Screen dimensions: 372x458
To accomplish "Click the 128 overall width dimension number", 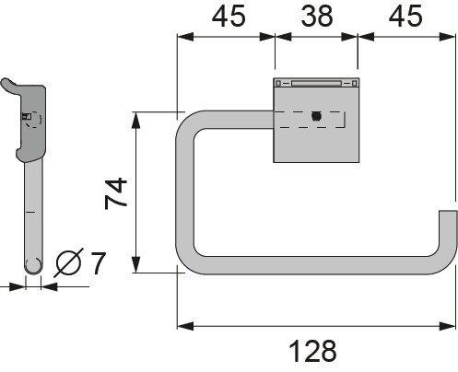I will (x=315, y=352).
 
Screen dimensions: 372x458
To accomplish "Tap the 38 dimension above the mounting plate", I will (x=316, y=16).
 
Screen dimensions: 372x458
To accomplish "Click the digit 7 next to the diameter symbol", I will (x=98, y=264).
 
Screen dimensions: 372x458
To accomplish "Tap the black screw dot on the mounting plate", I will (x=316, y=117).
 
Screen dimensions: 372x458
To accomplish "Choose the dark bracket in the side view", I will (x=33, y=120).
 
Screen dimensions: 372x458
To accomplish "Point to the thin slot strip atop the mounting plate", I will (x=316, y=83).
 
